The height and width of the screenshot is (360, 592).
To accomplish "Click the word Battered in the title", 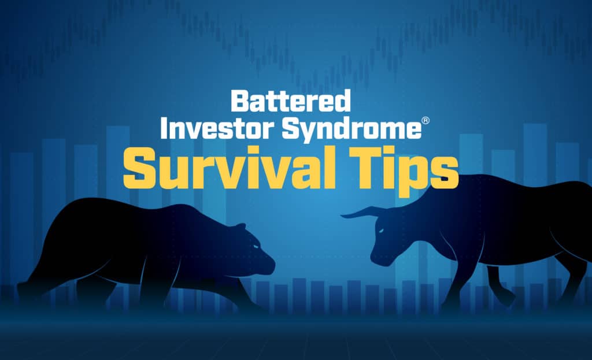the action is coord(290,101).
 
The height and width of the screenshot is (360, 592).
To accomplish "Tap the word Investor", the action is coord(217,129).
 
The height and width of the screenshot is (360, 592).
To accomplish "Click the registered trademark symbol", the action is coord(425,121).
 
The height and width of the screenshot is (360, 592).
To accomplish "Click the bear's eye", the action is coord(256,246).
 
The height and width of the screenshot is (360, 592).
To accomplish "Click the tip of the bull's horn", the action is coord(341,216).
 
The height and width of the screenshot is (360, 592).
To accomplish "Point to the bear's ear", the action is coord(240,227).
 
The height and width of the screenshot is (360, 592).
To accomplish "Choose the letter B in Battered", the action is coord(240,101).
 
